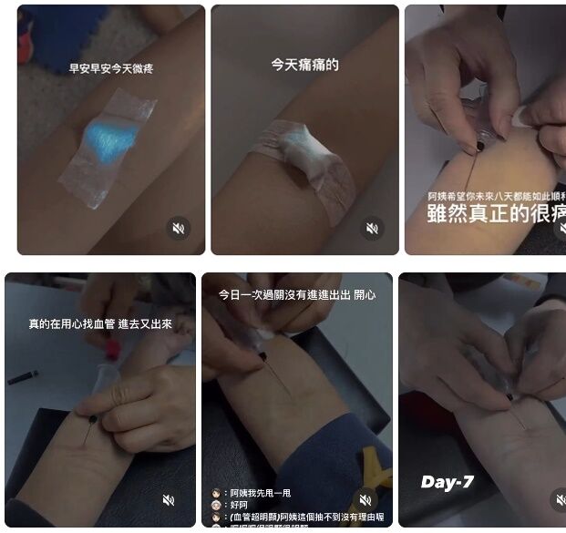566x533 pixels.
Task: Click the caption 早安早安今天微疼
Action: (111, 68)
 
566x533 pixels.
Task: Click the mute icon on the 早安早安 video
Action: (180, 228)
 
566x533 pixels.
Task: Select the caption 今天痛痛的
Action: (304, 65)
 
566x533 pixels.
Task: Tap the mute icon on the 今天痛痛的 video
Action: (372, 228)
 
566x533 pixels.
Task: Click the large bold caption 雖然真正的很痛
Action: (497, 213)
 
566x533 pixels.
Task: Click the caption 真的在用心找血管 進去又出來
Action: (100, 323)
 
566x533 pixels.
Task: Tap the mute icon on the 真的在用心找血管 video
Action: (169, 500)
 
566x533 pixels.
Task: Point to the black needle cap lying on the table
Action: (23, 376)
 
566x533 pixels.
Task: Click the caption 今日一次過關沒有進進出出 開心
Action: (297, 295)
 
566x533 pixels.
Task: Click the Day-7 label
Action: (448, 482)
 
